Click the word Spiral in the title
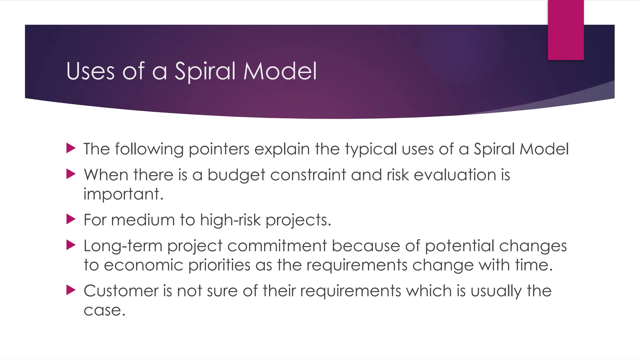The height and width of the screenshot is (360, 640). [x=205, y=71]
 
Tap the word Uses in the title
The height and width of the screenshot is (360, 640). [x=91, y=71]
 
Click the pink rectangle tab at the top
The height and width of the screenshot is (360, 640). [x=566, y=30]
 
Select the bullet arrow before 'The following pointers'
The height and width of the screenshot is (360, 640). [x=71, y=148]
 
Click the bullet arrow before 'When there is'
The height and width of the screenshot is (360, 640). [x=71, y=174]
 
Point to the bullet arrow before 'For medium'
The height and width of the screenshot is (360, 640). [x=71, y=219]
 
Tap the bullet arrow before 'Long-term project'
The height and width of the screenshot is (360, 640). [x=71, y=245]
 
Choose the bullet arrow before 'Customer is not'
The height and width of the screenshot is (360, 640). [x=71, y=290]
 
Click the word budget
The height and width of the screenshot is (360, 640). [x=236, y=175]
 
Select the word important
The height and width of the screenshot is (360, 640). [x=123, y=194]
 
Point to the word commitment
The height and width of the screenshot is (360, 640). [x=277, y=246]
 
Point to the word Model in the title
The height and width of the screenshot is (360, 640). [x=280, y=71]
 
